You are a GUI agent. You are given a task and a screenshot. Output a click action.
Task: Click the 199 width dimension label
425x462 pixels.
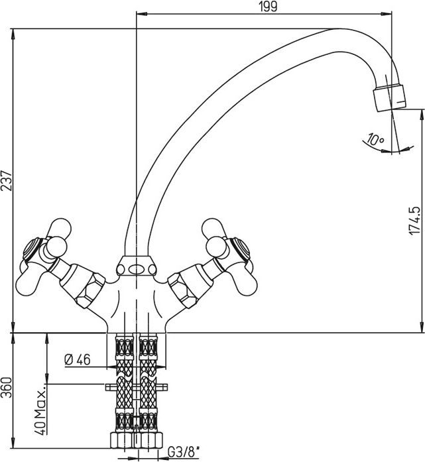(x=269, y=7)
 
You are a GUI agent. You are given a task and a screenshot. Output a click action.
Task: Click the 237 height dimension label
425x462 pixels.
(x=7, y=180)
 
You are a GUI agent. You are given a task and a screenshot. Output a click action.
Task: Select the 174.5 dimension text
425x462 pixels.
(x=414, y=220)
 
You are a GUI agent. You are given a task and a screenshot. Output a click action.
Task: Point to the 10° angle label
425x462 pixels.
(x=375, y=139)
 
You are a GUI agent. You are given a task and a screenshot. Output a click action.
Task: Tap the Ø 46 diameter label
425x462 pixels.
(x=77, y=359)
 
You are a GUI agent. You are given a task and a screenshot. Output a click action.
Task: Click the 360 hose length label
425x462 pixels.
(x=7, y=387)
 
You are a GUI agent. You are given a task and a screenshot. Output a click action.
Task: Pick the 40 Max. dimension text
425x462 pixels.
(x=40, y=409)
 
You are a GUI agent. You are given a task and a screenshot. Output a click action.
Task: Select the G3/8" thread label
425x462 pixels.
(x=183, y=452)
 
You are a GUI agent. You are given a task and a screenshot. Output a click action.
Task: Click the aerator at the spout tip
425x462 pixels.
(x=390, y=97)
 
